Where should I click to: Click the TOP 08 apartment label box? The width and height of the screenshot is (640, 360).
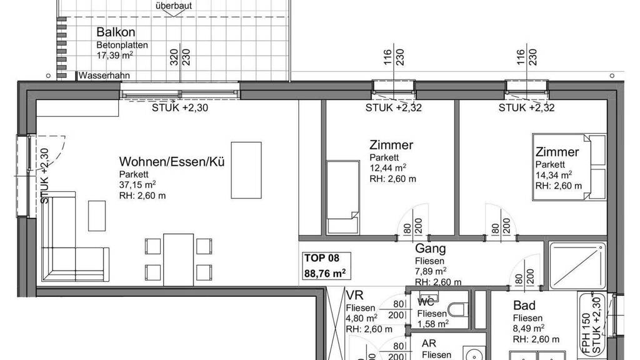click(x=326, y=266)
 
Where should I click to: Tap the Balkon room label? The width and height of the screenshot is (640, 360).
click(x=116, y=32)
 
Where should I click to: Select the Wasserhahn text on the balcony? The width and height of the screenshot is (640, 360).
click(x=104, y=76)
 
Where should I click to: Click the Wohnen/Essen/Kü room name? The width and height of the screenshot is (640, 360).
click(x=172, y=162)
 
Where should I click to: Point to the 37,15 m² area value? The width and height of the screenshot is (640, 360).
click(x=137, y=184)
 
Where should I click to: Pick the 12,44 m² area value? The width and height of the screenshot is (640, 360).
click(x=387, y=167)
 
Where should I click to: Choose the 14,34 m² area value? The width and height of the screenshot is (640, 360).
click(x=554, y=175)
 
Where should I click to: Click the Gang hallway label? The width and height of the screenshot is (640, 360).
click(x=430, y=248)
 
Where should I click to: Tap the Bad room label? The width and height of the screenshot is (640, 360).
click(x=524, y=305)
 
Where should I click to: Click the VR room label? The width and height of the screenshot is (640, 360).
click(x=354, y=295)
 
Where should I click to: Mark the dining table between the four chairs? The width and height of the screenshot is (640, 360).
click(x=178, y=259)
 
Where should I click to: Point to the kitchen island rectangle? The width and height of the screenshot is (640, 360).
click(x=246, y=170)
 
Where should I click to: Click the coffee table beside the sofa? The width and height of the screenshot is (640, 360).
click(x=97, y=216)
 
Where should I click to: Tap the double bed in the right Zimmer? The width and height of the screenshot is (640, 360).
click(x=569, y=167)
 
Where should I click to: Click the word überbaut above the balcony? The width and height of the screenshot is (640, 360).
click(x=174, y=6)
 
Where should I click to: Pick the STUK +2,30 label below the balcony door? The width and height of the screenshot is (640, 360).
click(x=180, y=107)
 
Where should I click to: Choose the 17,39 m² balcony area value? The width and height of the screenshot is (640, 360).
click(x=115, y=55)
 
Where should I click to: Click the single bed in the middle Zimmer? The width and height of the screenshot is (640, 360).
click(x=343, y=197)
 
